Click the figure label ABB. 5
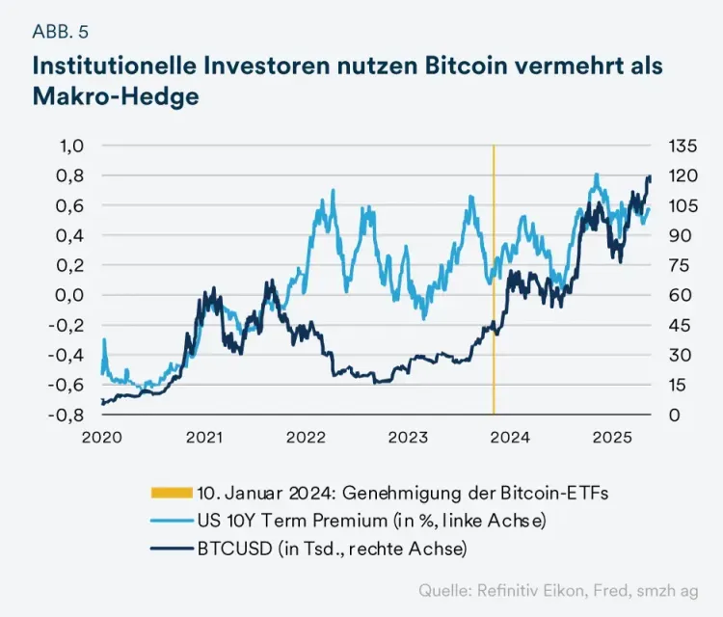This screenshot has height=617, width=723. click(x=60, y=31)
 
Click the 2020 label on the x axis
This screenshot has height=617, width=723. click(x=101, y=438)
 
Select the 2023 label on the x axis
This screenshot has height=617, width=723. click(x=408, y=438)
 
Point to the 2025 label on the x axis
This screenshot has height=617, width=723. click(x=611, y=438)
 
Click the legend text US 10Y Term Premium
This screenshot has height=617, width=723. click(x=289, y=521)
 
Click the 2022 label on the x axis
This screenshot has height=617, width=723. click(x=306, y=438)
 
